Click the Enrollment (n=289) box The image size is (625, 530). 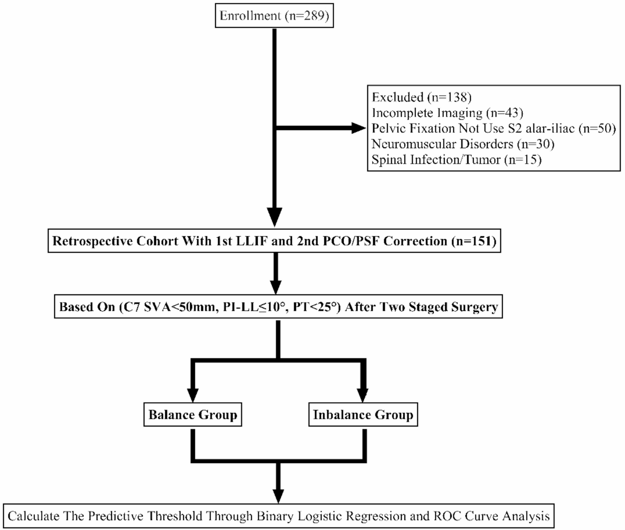pyautogui.click(x=274, y=16)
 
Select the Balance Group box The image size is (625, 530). pyautogui.click(x=193, y=415)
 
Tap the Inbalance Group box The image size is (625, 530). pyautogui.click(x=363, y=415)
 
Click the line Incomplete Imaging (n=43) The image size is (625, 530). pyautogui.click(x=447, y=113)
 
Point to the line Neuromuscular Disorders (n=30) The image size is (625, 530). pyautogui.click(x=463, y=144)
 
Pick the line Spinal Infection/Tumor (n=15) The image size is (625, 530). pyautogui.click(x=456, y=160)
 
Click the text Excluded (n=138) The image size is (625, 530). pyautogui.click(x=421, y=97)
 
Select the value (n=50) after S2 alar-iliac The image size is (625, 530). pyautogui.click(x=597, y=128)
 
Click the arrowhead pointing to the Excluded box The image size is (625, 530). pyautogui.click(x=359, y=128)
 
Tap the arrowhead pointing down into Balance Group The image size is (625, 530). pyautogui.click(x=193, y=394)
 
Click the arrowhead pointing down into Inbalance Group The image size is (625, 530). pyautogui.click(x=363, y=394)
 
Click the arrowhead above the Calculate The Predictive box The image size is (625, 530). pyautogui.click(x=278, y=495)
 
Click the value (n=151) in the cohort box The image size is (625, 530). pyautogui.click(x=473, y=241)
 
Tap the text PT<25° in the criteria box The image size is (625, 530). pyautogui.click(x=316, y=307)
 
